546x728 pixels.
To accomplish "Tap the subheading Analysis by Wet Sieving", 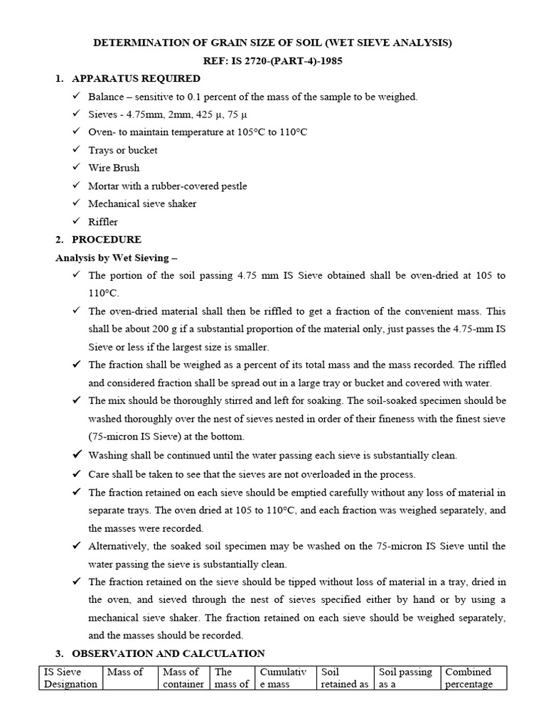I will (120, 257).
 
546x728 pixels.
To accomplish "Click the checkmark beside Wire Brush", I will (76, 168).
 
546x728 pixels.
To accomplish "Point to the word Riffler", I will (103, 221).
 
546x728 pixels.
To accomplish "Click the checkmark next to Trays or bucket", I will (76, 150).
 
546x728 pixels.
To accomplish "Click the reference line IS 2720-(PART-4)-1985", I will (273, 61).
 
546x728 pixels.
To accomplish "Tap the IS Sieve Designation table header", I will (70, 678).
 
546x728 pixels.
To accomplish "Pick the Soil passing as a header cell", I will (405, 678).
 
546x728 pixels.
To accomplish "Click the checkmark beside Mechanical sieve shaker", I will (76, 203).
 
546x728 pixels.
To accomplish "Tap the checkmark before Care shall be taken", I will (76, 473).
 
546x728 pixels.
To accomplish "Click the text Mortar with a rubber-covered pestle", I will (168, 186).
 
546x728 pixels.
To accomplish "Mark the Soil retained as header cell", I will (345, 678).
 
